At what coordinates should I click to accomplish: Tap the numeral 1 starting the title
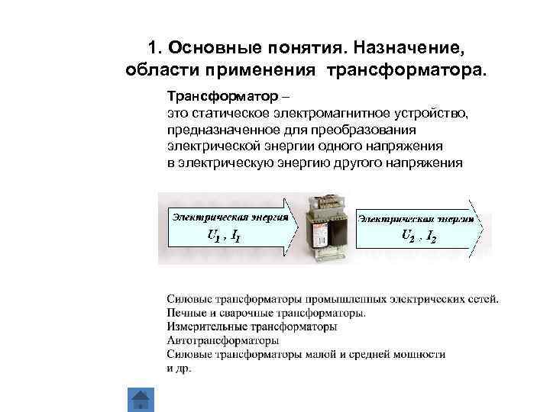(x=151, y=48)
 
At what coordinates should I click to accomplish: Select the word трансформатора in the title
(x=405, y=71)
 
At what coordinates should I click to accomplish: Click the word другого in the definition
(x=357, y=163)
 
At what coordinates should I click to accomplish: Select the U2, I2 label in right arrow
(x=419, y=235)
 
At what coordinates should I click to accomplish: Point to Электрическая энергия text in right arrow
(x=412, y=217)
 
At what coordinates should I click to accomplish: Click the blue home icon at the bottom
(x=140, y=401)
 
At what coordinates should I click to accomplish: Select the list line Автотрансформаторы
(x=222, y=340)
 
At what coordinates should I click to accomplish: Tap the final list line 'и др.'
(x=180, y=369)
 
